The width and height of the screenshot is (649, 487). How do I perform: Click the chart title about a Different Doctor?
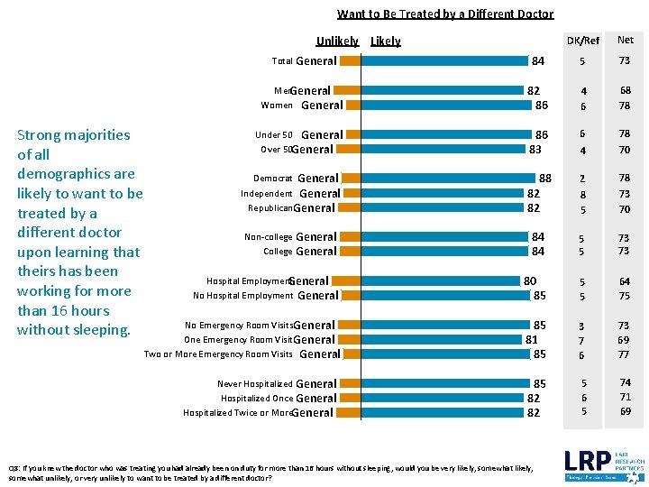[445, 14]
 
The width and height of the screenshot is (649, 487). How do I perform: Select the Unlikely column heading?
[337, 41]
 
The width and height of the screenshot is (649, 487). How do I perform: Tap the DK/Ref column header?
[583, 41]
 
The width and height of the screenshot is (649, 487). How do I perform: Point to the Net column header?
[625, 40]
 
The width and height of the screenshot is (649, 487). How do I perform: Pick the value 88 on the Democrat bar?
[544, 179]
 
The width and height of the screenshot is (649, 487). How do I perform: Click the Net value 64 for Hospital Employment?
[625, 281]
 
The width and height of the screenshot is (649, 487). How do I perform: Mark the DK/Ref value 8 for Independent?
[583, 194]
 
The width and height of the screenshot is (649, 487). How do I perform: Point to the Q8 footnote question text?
[270, 473]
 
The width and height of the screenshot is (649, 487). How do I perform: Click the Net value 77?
[625, 355]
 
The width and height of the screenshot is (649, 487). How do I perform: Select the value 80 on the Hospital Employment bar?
[530, 281]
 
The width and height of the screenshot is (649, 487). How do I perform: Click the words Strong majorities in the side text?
[74, 135]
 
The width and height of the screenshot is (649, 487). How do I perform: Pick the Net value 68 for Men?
[625, 91]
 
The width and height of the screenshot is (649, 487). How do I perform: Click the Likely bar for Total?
[444, 61]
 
